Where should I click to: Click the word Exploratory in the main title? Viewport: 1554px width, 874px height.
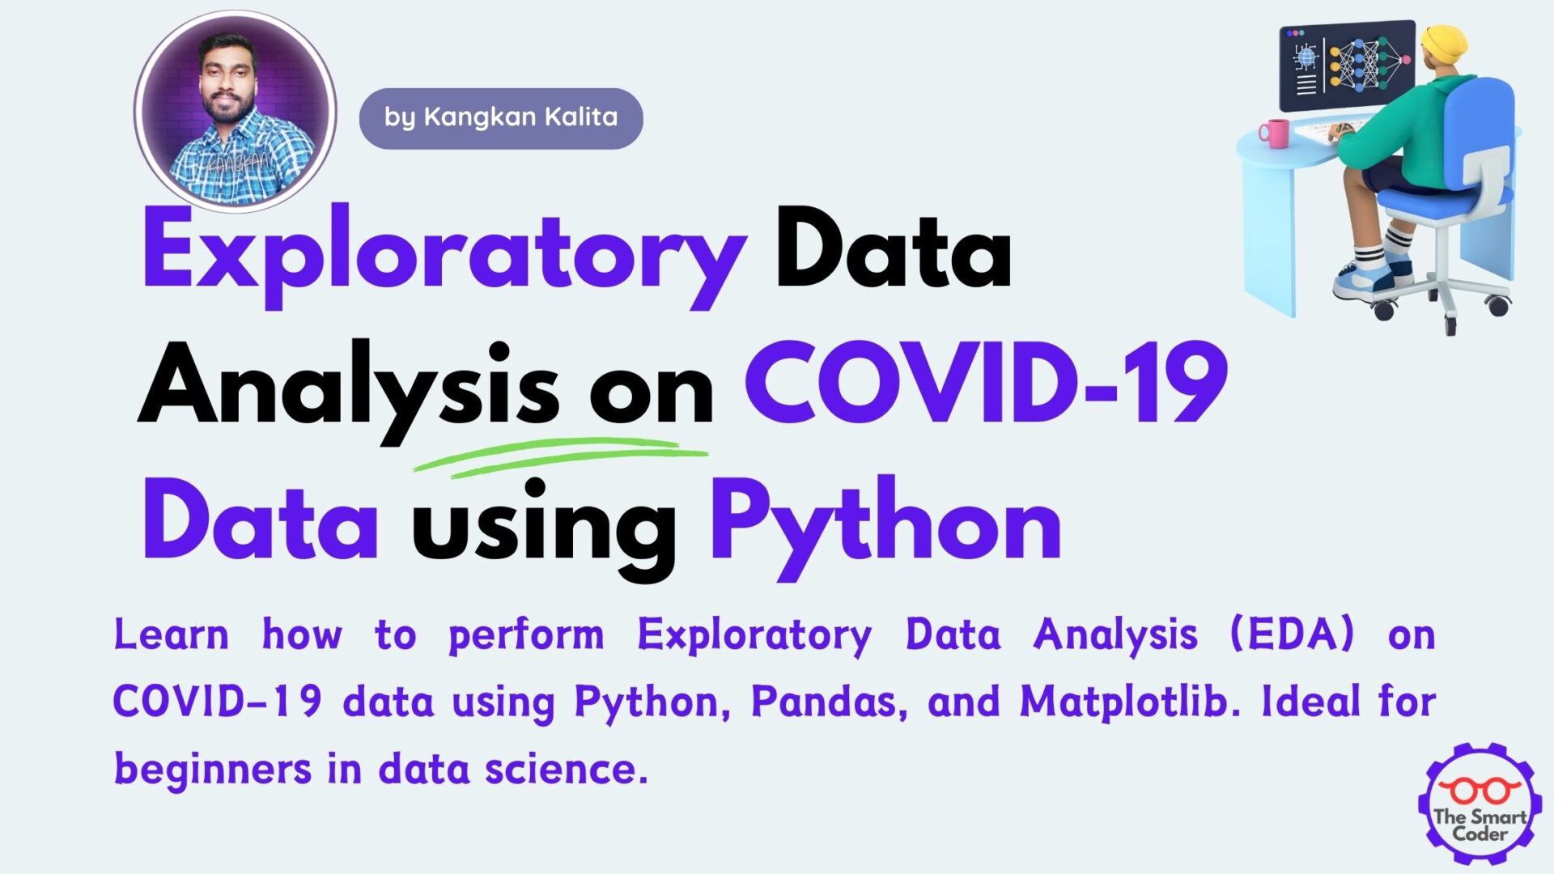coord(444,257)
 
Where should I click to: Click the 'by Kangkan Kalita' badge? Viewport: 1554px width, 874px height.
coord(501,118)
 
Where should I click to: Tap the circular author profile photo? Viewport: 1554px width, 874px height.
coord(236,112)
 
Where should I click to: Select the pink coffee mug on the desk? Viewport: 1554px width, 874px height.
coord(1274,134)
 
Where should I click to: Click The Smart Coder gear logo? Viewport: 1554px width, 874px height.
coord(1480,804)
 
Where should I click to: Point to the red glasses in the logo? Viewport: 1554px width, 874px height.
coord(1480,791)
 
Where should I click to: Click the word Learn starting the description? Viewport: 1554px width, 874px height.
coord(171,634)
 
